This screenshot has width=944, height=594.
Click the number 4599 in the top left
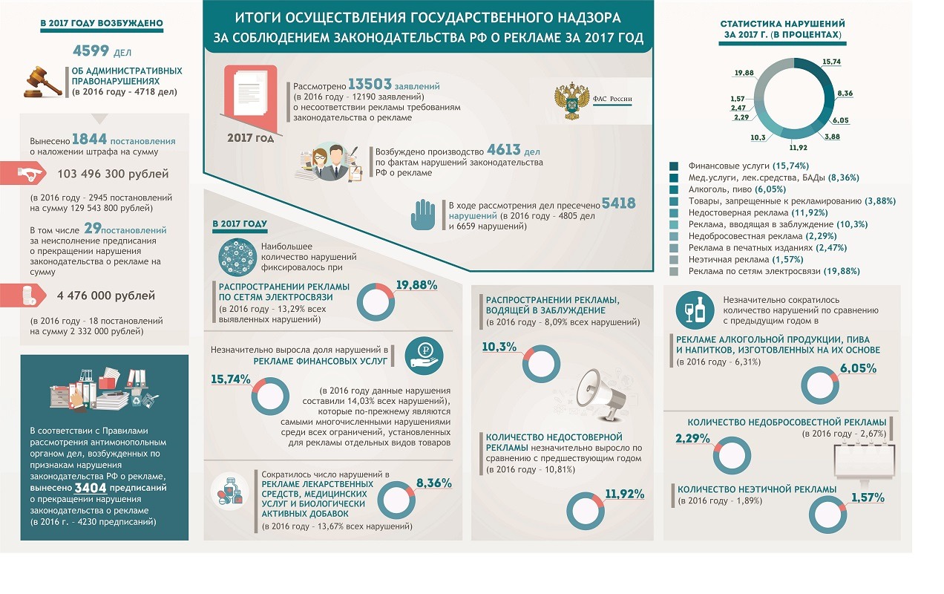coord(92,51)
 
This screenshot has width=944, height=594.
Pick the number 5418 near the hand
coord(618,203)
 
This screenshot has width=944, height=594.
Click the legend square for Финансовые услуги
coord(674,166)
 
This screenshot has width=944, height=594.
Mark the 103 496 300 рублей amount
coord(113,174)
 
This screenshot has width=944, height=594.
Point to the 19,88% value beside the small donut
coord(416,285)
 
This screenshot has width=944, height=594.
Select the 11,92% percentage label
coord(624,494)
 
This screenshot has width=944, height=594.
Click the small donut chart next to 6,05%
coord(822,385)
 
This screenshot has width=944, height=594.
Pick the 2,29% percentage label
coord(694,438)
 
